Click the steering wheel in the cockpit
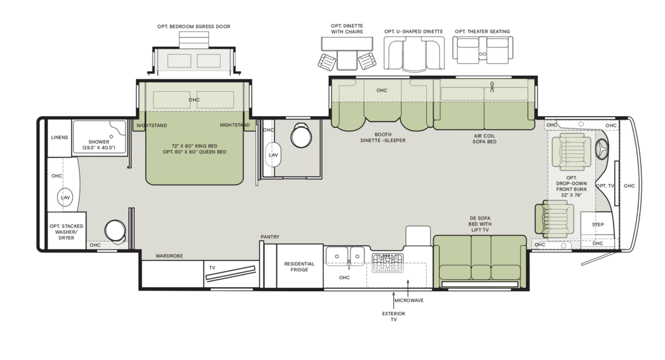point(601,151)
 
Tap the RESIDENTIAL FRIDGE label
point(299,267)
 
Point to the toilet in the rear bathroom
point(114,230)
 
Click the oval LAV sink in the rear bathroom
point(65,198)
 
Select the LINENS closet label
point(59,138)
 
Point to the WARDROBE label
point(169,255)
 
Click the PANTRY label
point(270,236)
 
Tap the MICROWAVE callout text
point(408,300)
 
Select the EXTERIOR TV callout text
point(393,316)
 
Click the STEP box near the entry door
point(597,225)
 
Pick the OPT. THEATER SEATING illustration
point(482,50)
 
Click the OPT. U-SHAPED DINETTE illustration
point(413,50)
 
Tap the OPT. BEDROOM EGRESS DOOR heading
point(194,26)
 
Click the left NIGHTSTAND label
point(152,125)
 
